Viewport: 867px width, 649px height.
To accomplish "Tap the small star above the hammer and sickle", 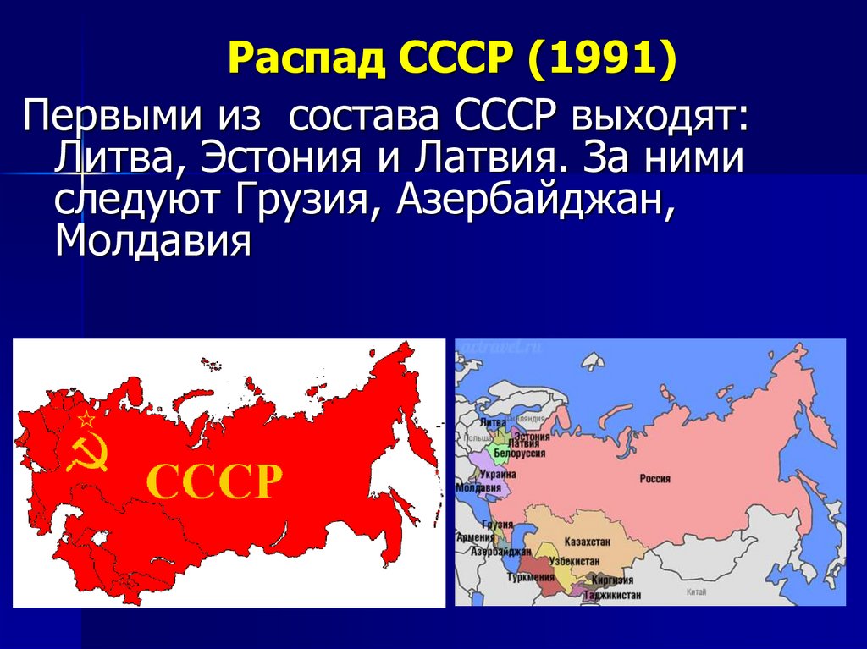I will [86, 418].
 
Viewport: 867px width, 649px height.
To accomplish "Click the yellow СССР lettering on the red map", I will [214, 482].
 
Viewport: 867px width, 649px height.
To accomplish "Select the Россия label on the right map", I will [654, 479].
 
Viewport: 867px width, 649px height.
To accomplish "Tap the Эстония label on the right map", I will [533, 436].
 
